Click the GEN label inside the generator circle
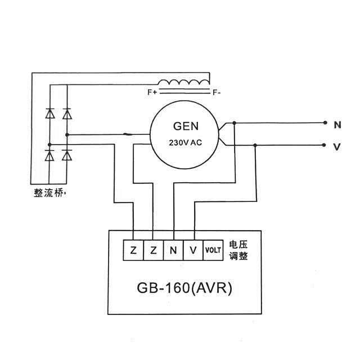point(186,126)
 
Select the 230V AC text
point(185,143)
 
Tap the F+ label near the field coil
point(152,92)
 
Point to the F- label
point(217,92)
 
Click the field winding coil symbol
point(184,82)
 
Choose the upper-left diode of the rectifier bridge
point(50,114)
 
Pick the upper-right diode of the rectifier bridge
point(67,114)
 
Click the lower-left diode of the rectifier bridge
point(49,155)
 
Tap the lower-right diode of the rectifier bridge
point(67,155)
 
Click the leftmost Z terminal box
point(133,250)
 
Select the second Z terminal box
point(154,250)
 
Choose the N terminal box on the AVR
point(173,250)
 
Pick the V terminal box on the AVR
point(193,250)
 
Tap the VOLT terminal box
point(213,250)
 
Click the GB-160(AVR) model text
point(184,287)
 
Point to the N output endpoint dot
point(325,123)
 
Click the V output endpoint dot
point(324,145)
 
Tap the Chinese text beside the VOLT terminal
point(238,250)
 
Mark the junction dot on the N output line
point(234,123)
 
